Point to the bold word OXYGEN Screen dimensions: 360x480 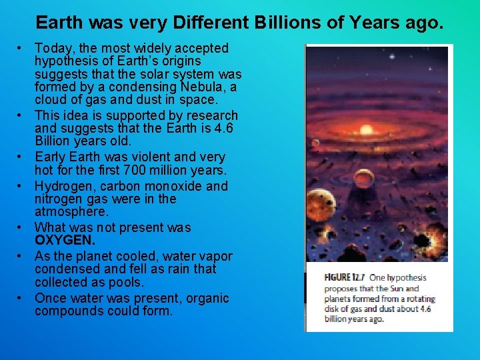click(65, 240)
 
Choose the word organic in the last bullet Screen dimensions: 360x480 click(204, 298)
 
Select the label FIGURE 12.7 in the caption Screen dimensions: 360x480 click(345, 278)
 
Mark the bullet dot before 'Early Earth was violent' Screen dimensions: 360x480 click(21, 157)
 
